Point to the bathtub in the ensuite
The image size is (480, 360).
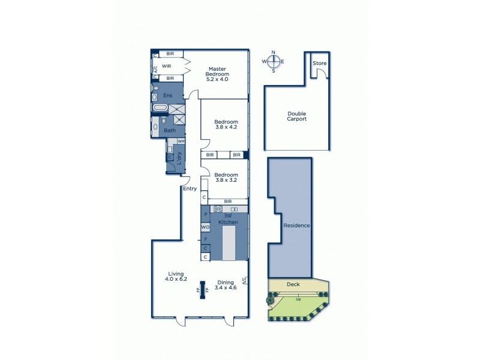160,109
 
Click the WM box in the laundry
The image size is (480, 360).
181,141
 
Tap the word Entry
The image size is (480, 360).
190,188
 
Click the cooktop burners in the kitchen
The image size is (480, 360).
218,209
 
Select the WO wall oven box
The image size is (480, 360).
205,227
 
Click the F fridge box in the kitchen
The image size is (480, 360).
205,239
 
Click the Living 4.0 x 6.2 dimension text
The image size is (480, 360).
176,276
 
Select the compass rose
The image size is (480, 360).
274,61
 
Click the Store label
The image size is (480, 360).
319,63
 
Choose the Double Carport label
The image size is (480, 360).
296,116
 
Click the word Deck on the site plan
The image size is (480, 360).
293,285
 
